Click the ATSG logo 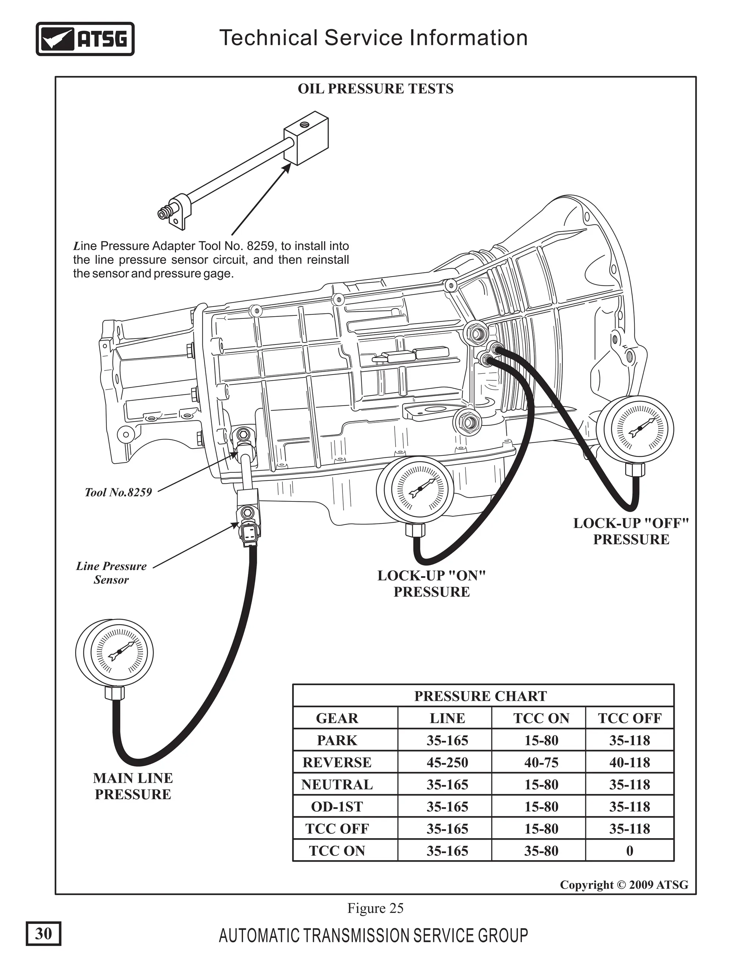click(85, 39)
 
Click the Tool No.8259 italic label click(118, 492)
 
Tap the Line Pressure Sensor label click(111, 573)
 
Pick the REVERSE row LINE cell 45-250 click(447, 763)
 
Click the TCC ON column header click(541, 718)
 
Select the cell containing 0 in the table click(630, 851)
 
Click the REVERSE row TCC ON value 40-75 click(541, 763)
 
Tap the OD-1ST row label click(337, 807)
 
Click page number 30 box click(43, 933)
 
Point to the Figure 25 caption click(375, 908)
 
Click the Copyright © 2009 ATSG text click(624, 885)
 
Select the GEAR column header click(337, 718)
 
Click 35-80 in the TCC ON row click(541, 851)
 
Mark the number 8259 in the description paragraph click(261, 246)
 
